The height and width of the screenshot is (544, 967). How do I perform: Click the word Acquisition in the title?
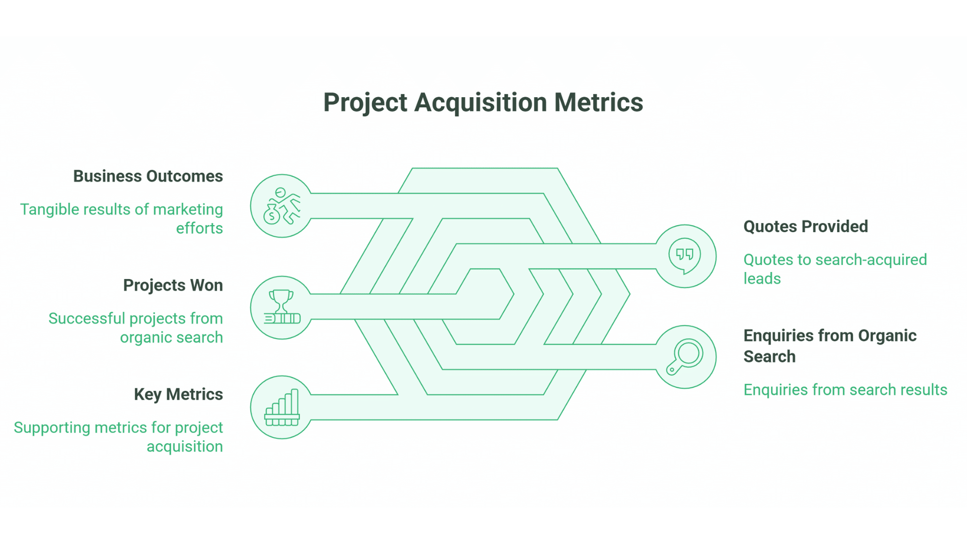point(480,103)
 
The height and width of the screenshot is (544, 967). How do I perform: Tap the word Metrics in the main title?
point(598,103)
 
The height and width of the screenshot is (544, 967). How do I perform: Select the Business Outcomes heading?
point(148,176)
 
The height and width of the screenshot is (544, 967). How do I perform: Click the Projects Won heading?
point(173,286)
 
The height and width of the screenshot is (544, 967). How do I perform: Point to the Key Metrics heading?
point(178,394)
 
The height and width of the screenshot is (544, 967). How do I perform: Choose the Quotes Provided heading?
point(805,227)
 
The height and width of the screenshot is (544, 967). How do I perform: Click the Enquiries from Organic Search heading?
point(830,346)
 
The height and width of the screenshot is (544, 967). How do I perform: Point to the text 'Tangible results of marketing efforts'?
point(121,219)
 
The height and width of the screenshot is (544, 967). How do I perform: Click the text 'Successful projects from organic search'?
point(135,328)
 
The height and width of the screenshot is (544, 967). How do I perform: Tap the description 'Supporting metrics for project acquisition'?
point(118,437)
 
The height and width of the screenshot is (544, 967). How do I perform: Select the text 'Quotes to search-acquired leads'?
point(835,269)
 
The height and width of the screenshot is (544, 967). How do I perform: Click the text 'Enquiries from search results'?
point(845,390)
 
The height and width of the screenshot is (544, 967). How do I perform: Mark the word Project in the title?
point(365,103)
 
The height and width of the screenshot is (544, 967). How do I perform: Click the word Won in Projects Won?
point(206,286)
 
